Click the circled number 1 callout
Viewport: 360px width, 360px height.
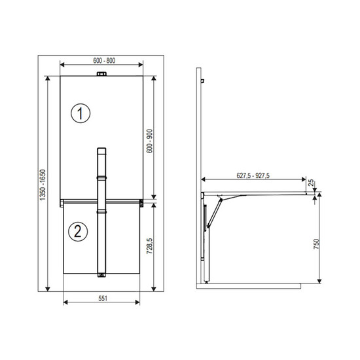tap(81, 113)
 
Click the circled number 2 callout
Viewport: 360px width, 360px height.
tap(78, 232)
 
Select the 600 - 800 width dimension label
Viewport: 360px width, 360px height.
tap(104, 61)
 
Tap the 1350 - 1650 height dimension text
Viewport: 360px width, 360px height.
tap(43, 185)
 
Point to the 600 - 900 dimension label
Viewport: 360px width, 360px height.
tap(149, 141)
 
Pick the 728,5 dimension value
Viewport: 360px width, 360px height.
tap(149, 245)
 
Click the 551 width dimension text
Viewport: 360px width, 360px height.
tap(103, 298)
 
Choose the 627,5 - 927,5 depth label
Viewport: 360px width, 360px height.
tap(253, 175)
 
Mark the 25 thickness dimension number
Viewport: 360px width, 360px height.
tap(311, 183)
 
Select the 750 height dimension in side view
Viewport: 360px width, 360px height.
tap(316, 244)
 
